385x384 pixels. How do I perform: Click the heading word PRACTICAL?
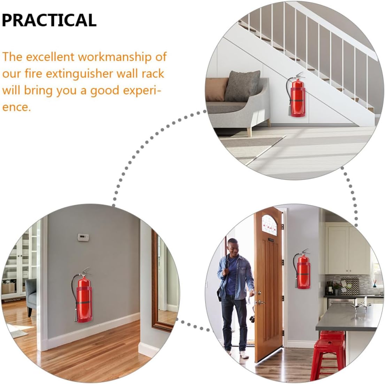point(49,20)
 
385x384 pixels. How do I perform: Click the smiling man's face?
point(233,247)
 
